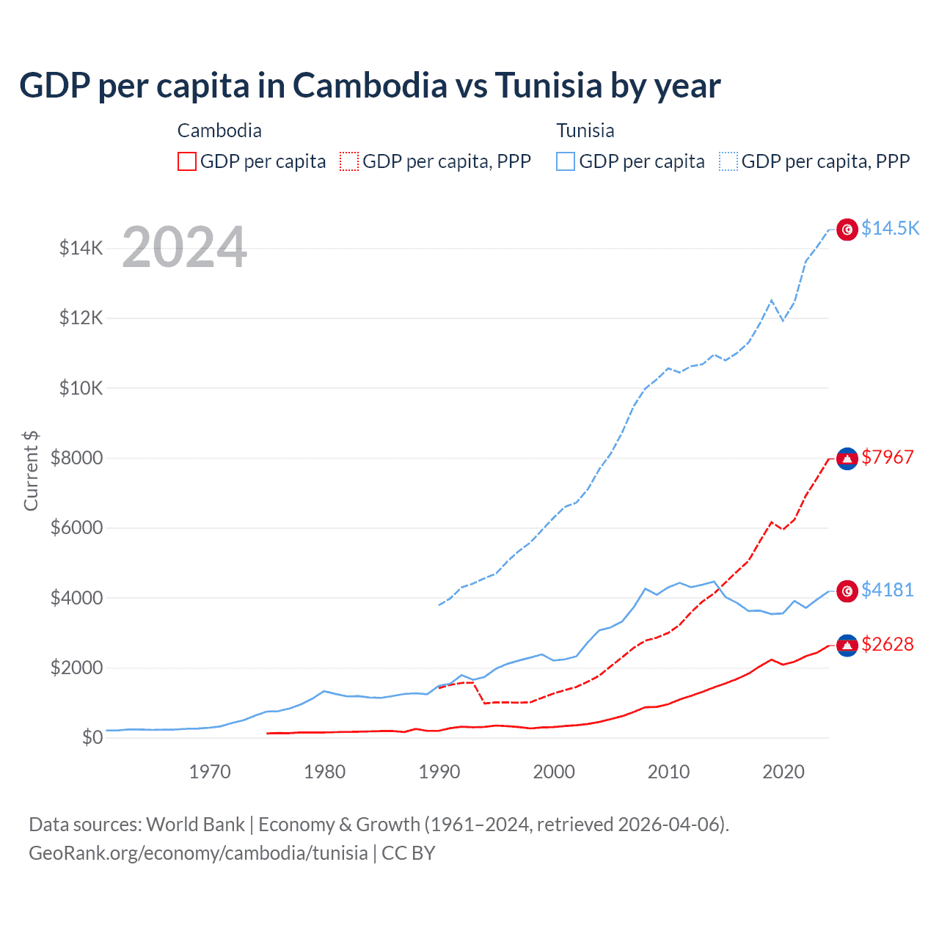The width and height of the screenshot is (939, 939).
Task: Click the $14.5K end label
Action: (x=890, y=228)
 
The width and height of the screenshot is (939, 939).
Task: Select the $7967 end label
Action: (x=888, y=457)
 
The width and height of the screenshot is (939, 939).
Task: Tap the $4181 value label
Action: (x=888, y=590)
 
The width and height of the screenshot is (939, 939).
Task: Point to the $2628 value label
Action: (x=888, y=644)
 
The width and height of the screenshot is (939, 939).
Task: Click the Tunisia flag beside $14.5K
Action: (x=847, y=230)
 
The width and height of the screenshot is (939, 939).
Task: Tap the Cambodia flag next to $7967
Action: (x=847, y=458)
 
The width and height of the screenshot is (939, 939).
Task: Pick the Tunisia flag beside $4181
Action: (x=847, y=591)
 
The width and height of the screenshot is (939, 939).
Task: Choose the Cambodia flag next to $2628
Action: (x=847, y=646)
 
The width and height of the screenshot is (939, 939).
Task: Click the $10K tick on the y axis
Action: (x=81, y=388)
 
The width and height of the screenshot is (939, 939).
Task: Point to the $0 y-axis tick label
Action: (x=92, y=737)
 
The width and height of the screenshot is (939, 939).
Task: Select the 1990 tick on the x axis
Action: (x=439, y=772)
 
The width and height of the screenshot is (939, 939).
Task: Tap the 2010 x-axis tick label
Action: (x=668, y=772)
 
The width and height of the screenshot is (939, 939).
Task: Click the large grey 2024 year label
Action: (x=185, y=246)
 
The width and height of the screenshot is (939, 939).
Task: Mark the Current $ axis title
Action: (x=31, y=470)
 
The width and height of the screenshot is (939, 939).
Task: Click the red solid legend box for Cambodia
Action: (x=187, y=161)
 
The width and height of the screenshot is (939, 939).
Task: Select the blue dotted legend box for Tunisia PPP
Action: (x=728, y=161)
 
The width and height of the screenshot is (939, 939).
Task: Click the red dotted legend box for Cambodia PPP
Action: (x=349, y=161)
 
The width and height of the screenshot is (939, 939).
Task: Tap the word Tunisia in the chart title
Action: (x=548, y=85)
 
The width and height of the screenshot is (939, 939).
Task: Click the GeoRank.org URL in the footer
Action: (x=198, y=853)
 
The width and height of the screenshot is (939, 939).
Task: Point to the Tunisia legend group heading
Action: (x=585, y=131)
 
